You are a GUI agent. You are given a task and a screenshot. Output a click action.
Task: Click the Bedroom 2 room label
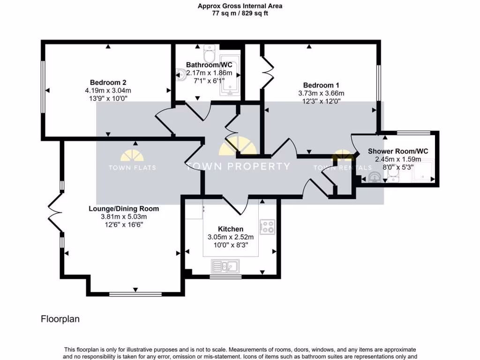(x=108, y=82)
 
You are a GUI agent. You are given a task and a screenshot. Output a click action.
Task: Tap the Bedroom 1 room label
(x=321, y=85)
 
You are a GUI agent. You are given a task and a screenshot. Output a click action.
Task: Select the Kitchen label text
(x=231, y=229)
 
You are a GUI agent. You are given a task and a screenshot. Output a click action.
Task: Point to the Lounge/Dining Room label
(x=124, y=209)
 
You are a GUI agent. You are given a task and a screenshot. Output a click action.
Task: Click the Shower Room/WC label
(x=398, y=151)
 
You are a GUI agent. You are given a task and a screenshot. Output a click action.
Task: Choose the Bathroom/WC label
(x=209, y=65)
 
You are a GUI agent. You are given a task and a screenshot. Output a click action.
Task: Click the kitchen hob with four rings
(x=267, y=227)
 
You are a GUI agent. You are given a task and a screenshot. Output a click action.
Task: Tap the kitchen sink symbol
(x=225, y=266)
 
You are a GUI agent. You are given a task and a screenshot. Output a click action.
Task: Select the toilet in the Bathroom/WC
(x=210, y=53)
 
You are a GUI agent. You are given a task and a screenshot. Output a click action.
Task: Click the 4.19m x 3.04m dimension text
(x=108, y=90)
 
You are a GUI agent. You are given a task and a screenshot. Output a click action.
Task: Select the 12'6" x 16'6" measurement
(x=124, y=225)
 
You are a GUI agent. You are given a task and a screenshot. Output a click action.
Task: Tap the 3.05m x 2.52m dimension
(x=231, y=237)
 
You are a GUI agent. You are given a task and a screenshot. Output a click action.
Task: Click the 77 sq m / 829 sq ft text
(x=240, y=13)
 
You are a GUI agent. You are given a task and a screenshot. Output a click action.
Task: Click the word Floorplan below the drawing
(x=60, y=319)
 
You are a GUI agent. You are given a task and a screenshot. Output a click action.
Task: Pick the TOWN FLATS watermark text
(x=132, y=167)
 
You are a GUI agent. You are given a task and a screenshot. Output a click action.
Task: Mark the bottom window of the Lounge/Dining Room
(x=135, y=294)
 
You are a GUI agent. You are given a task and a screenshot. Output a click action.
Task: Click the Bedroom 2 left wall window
(x=43, y=87)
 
